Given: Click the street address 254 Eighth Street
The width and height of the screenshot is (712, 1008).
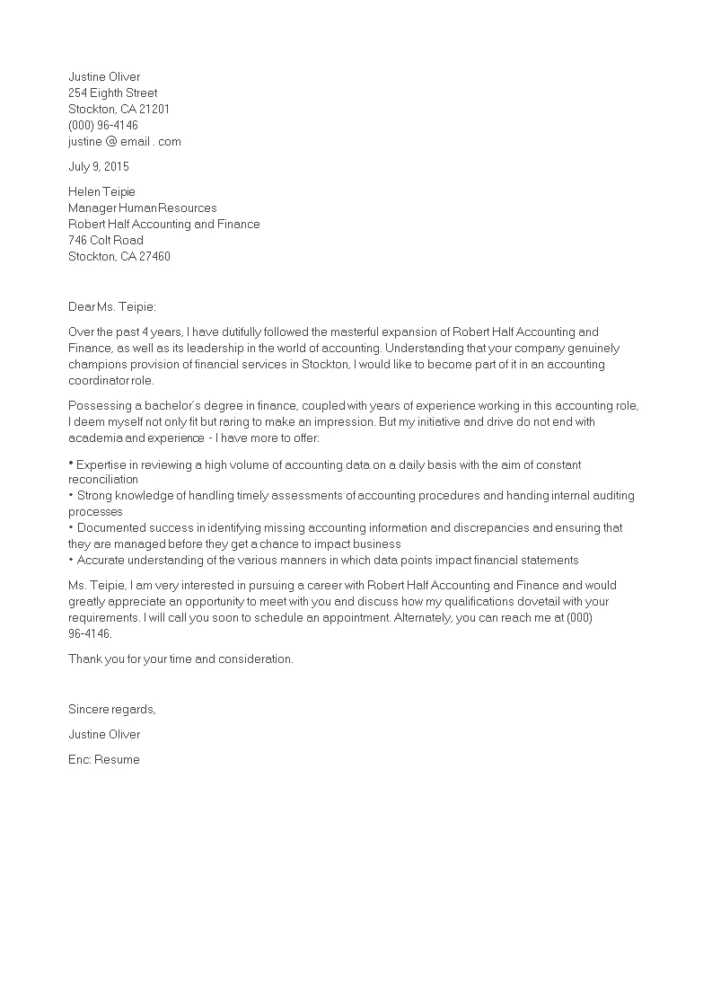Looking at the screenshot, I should [112, 93].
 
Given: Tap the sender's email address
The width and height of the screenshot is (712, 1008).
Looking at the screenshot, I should [125, 141].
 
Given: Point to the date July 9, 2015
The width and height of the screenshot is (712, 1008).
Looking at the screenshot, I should [99, 166].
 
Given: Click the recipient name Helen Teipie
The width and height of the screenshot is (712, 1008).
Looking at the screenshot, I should [101, 191].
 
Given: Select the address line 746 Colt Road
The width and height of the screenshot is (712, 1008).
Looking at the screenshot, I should [106, 240].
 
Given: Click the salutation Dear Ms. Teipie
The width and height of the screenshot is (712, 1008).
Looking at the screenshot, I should [112, 306].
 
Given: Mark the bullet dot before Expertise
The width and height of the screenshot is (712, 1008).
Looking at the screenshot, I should [71, 464].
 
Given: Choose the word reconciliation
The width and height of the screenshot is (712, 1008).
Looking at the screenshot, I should [103, 479].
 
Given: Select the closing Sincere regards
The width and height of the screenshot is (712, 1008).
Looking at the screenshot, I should [112, 709].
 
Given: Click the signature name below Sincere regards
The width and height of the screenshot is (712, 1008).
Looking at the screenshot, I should [104, 734].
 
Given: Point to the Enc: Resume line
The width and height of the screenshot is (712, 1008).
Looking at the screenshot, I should [104, 759].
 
